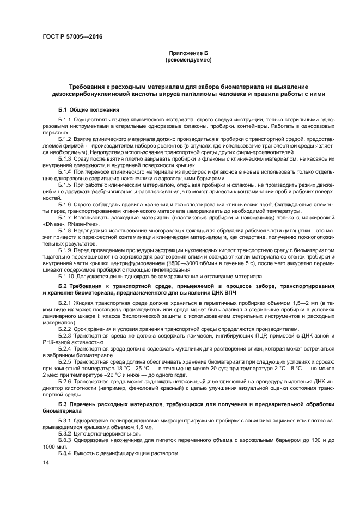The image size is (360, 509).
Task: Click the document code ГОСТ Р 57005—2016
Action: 72,36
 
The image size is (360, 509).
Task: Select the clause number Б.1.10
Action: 67,276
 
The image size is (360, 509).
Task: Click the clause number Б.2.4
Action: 65,348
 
